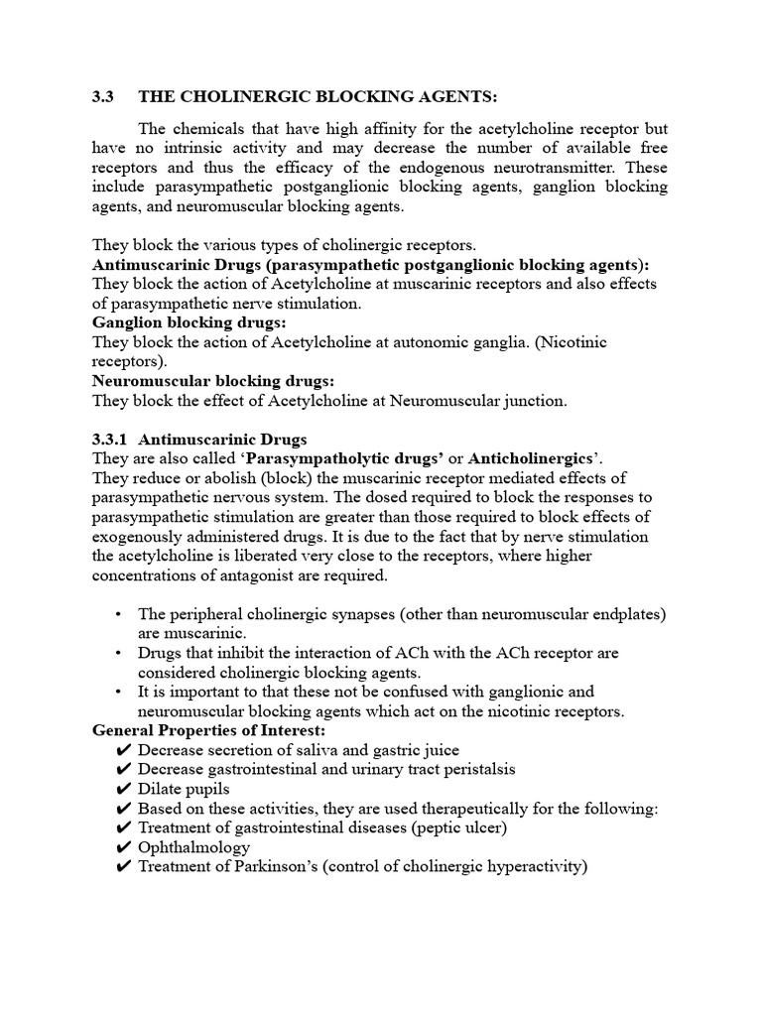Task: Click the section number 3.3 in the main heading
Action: pos(103,96)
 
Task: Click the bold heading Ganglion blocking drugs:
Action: pos(190,323)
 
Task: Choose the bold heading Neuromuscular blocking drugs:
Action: pos(213,381)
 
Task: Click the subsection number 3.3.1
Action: pos(111,439)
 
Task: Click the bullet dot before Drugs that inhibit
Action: pos(119,654)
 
